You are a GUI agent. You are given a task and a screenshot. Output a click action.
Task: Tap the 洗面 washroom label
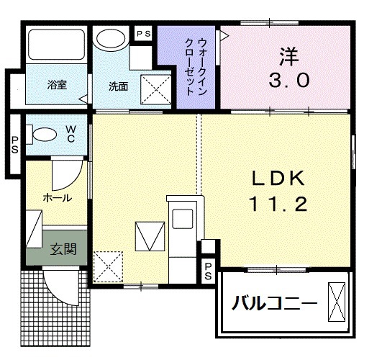[x=118, y=86]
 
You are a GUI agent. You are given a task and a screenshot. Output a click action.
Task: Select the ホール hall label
[x=56, y=196]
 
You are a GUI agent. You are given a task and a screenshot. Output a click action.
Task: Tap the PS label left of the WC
[x=14, y=144]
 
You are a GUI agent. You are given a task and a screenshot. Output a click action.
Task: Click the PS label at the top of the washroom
[x=143, y=33]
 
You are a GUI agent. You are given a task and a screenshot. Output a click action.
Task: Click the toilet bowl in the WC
[x=45, y=135]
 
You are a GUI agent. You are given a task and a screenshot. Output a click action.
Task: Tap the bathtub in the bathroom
[x=55, y=48]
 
